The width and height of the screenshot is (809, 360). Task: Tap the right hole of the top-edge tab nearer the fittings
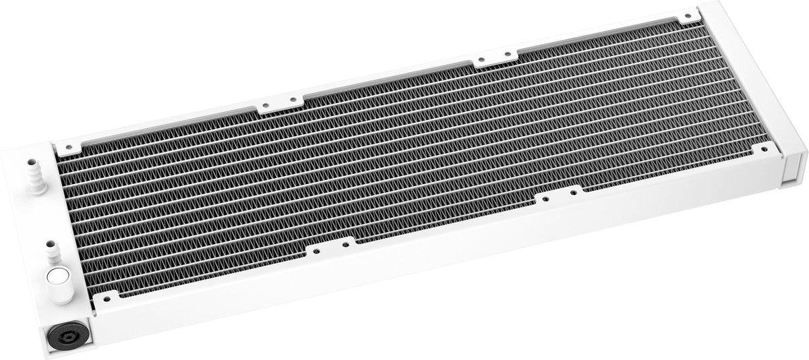pos(293,100)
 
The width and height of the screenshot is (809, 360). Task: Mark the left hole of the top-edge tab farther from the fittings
pos(480,62)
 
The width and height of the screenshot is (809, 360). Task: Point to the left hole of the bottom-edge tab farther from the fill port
pos(545,199)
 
